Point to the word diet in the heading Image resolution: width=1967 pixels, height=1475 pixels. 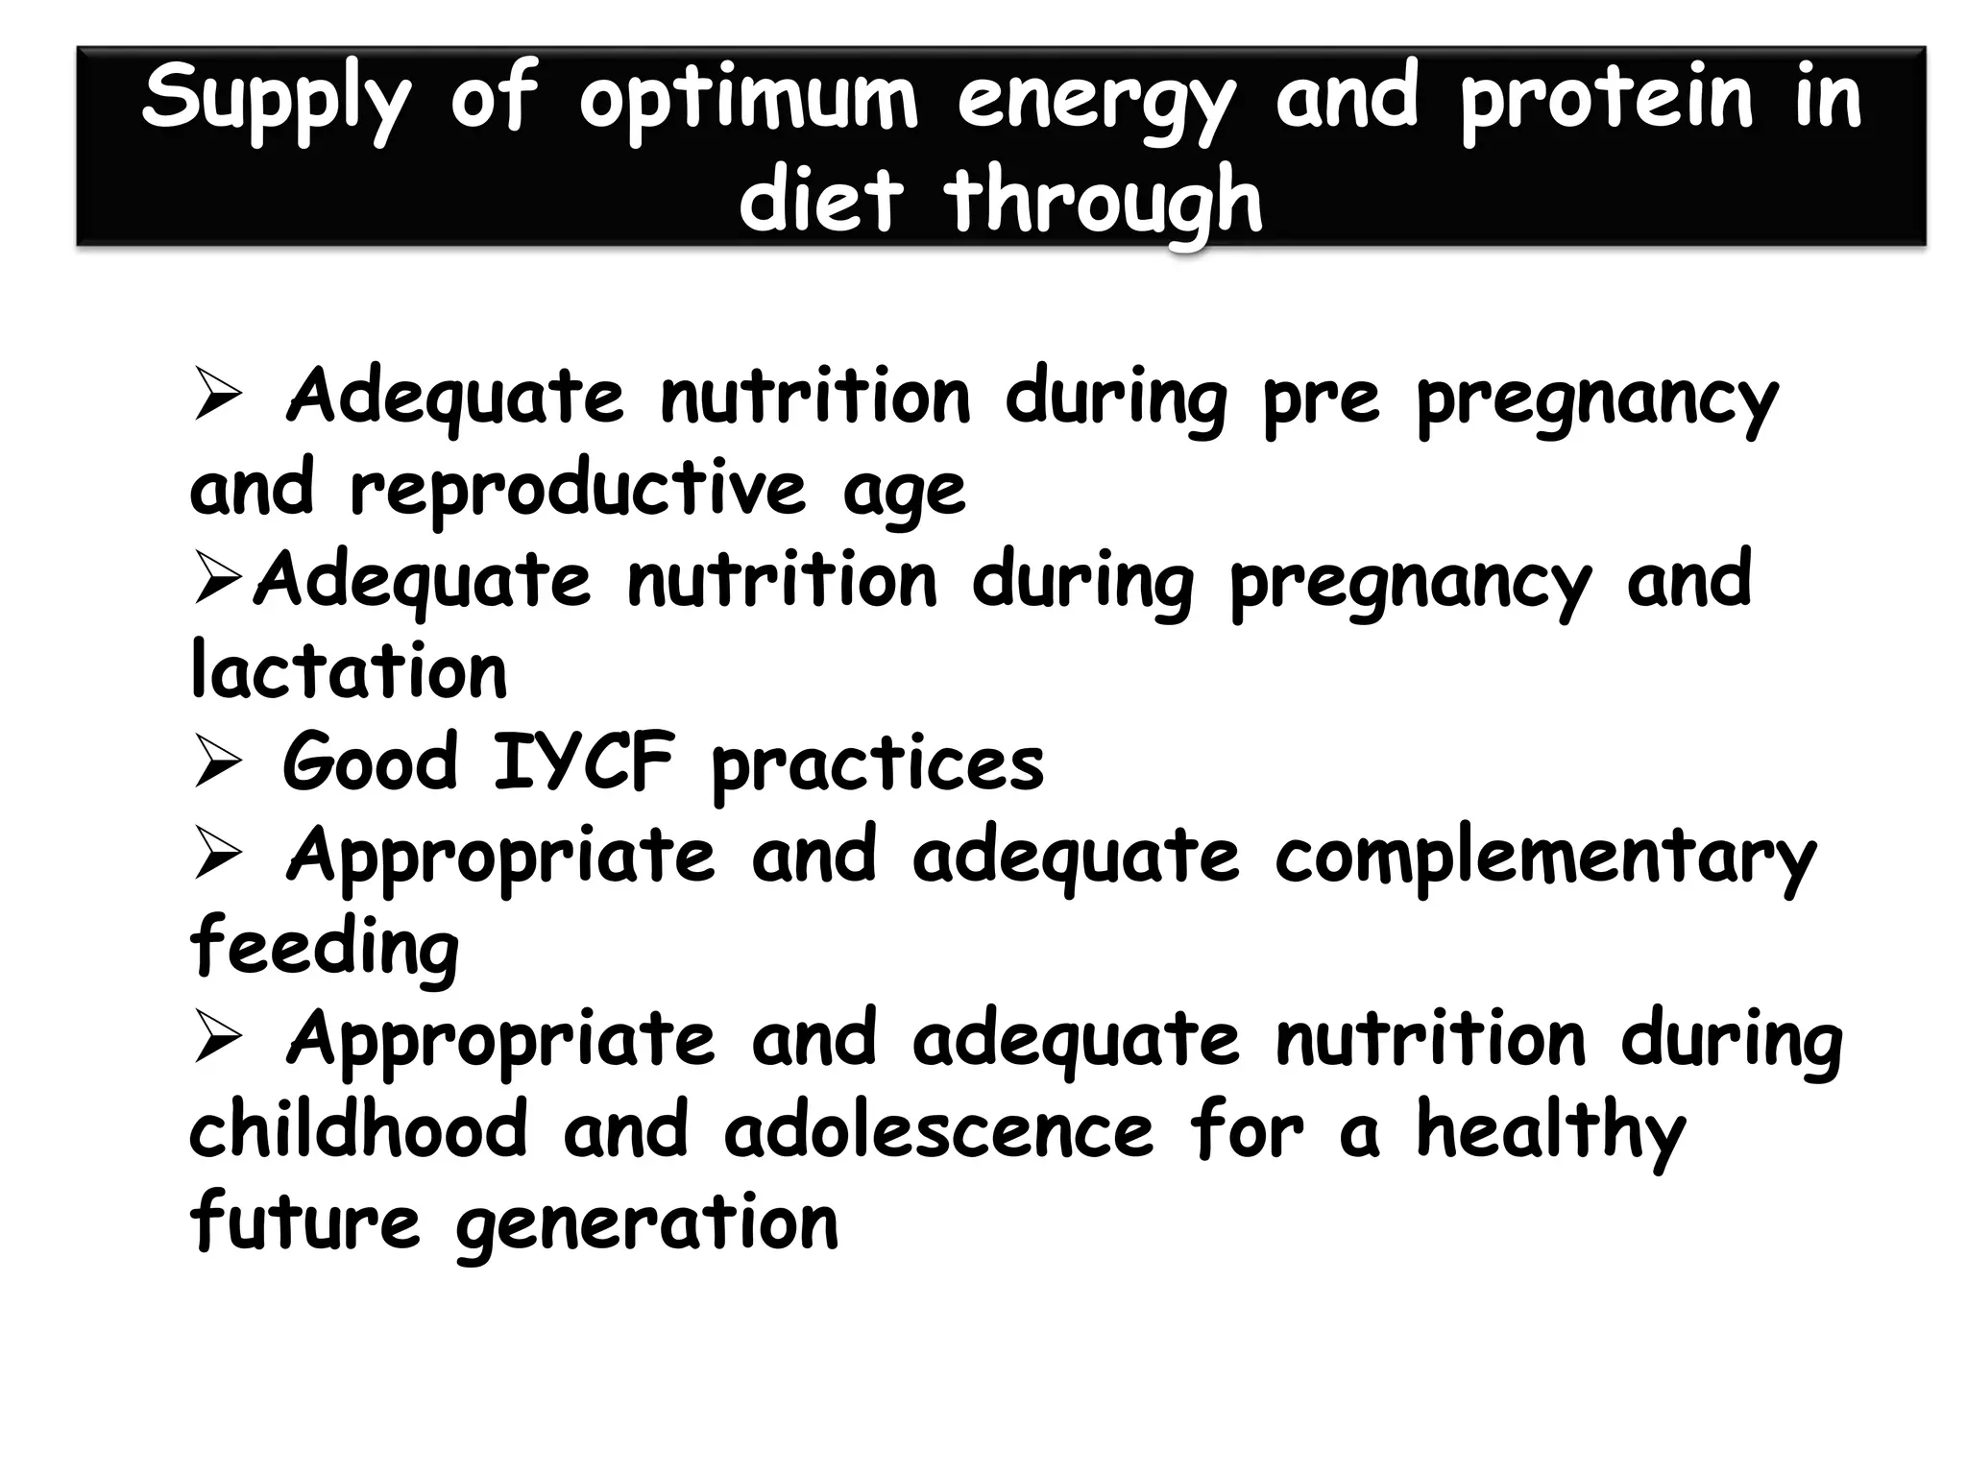[821, 199]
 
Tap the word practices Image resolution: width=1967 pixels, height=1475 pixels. [877, 766]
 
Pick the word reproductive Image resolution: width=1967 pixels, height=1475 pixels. [577, 490]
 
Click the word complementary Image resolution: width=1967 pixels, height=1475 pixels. [1545, 858]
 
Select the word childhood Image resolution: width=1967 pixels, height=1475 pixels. [358, 1129]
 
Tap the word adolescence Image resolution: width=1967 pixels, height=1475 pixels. [938, 1129]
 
